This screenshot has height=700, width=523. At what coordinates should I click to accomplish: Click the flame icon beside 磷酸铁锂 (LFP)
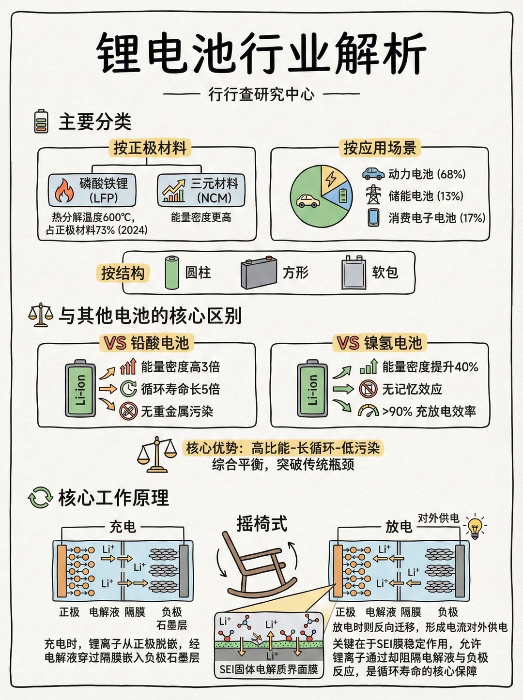pos(64,190)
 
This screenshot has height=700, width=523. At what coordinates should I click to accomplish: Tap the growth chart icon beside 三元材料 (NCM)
pos(174,191)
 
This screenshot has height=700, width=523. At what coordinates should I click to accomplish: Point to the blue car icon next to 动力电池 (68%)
pos(373,174)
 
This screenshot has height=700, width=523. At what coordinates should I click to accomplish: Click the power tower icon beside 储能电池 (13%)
pos(373,195)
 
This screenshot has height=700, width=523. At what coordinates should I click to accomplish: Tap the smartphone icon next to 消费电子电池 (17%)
pos(373,217)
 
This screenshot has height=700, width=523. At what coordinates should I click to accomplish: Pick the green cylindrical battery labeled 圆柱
pos(172,273)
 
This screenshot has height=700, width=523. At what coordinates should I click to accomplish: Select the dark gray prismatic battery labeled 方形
pos(259,274)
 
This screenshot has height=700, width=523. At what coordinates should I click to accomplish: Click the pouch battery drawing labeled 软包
pos(354,273)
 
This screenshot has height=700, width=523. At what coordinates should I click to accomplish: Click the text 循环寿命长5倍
pos(180,389)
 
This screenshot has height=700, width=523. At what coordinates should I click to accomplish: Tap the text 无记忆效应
pos(412,389)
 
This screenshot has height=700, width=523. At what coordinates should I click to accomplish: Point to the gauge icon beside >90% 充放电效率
pos(368,411)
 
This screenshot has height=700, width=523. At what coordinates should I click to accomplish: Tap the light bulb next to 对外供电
pos(475,526)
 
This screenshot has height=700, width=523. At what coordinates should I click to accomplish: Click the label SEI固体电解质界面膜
pos(269,670)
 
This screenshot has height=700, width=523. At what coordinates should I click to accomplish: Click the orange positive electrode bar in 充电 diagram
pos(62,571)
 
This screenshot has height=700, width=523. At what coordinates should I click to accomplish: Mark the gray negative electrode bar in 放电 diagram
pos(460,571)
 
